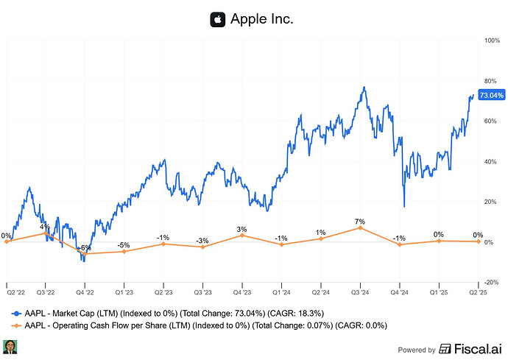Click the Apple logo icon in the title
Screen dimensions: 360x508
point(217,19)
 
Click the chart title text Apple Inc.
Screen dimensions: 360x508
point(262,19)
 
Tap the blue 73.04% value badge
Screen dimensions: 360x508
point(491,95)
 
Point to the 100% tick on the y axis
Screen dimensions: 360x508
point(492,40)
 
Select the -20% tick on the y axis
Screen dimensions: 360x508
point(491,282)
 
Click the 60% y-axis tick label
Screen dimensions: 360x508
point(491,121)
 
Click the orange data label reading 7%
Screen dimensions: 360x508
point(360,221)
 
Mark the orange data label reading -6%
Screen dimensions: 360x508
point(85,247)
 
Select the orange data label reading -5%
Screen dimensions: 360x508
point(124,244)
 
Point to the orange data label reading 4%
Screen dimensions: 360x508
point(46,226)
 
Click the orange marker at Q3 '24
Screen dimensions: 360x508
point(360,228)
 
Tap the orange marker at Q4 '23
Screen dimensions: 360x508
point(242,236)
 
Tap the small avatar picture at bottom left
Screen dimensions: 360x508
point(10,347)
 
